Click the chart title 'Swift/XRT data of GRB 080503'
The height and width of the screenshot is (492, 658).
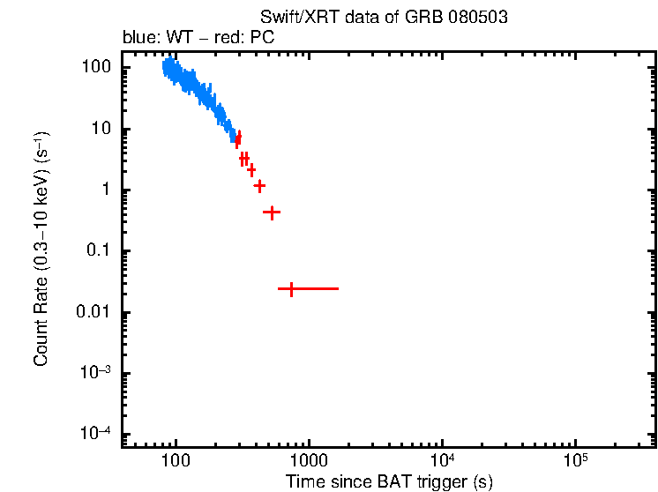click(384, 19)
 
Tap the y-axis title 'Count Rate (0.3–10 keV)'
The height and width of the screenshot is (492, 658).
click(41, 250)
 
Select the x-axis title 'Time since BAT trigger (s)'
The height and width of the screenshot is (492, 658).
click(388, 481)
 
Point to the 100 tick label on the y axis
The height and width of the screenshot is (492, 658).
click(96, 68)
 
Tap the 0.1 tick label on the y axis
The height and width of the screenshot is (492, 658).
click(98, 251)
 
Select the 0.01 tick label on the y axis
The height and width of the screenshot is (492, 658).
click(94, 313)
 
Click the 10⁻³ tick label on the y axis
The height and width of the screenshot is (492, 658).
click(96, 373)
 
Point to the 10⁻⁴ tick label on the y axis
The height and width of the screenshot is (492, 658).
click(96, 435)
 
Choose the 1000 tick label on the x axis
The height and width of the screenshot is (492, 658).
click(309, 460)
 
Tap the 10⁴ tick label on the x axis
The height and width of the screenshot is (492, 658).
click(442, 459)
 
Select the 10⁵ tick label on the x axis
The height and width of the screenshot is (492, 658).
click(575, 459)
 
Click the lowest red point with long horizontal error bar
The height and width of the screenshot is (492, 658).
click(291, 288)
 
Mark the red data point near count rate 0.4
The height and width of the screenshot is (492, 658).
click(272, 212)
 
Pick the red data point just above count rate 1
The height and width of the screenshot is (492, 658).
click(259, 186)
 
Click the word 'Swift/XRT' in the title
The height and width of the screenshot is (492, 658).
click(293, 19)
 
